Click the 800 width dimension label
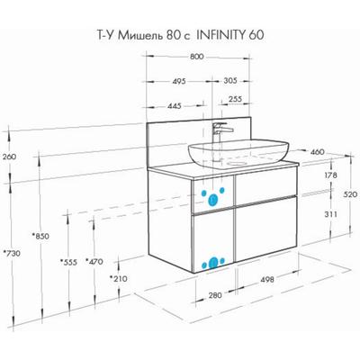[197, 57]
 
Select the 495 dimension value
[179, 81]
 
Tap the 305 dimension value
[230, 80]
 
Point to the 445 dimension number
[175, 106]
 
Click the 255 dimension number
[235, 99]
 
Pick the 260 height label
[9, 157]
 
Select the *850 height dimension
[40, 236]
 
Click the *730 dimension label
[12, 253]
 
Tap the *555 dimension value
[68, 262]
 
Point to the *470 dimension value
[94, 262]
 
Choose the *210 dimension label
[118, 279]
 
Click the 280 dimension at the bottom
[215, 295]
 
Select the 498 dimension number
[267, 280]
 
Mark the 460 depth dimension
[317, 152]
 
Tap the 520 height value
[350, 194]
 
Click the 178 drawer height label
[330, 175]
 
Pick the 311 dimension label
[330, 214]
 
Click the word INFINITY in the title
[220, 35]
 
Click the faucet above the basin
[220, 133]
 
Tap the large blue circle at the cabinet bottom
[213, 263]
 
